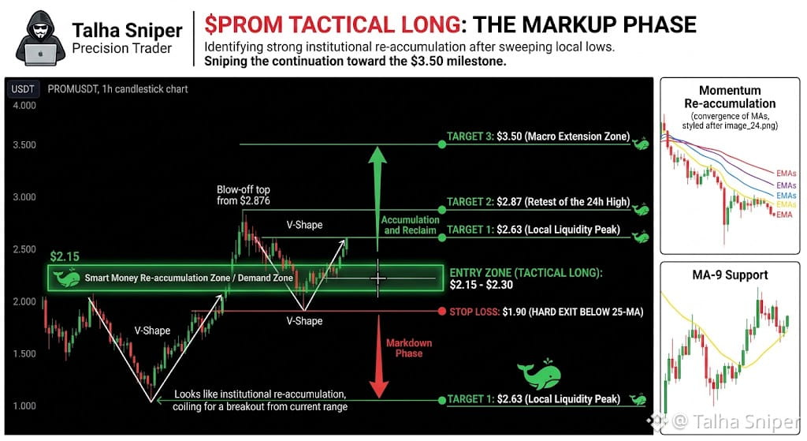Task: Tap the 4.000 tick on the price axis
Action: tap(24, 106)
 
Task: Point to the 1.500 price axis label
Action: tap(24, 354)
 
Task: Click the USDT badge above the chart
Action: tap(23, 89)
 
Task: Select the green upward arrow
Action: tap(377, 191)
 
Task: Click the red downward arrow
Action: tap(379, 357)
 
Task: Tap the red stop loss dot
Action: tap(441, 311)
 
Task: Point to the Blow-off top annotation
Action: tap(243, 196)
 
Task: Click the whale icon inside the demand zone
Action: tap(66, 278)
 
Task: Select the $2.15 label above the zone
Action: tap(65, 256)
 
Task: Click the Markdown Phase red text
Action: tap(409, 348)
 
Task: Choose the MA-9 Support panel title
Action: tap(730, 275)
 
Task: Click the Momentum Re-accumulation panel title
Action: tap(730, 97)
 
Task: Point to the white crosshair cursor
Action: tap(378, 278)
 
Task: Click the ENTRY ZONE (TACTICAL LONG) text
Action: tap(526, 273)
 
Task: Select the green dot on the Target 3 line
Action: tap(441, 144)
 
